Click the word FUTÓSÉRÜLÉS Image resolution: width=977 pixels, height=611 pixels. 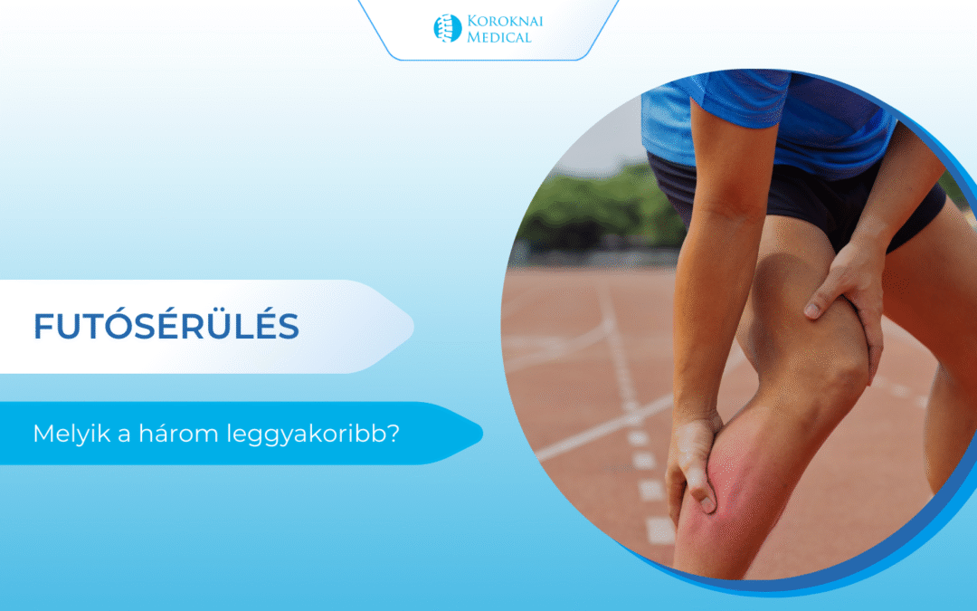click(x=166, y=326)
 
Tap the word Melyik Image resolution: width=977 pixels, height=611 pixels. click(x=72, y=434)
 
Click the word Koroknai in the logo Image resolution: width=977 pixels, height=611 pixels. click(x=506, y=21)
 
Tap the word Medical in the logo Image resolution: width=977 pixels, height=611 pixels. click(x=499, y=37)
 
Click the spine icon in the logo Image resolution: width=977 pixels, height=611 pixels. click(x=448, y=28)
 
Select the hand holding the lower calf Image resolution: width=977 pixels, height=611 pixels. click(x=692, y=464)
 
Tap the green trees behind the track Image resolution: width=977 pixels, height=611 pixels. click(x=598, y=205)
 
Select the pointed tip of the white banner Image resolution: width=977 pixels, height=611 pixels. click(x=413, y=326)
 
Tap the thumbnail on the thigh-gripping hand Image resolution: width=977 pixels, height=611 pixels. click(x=811, y=310)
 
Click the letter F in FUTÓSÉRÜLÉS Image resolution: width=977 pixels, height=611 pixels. click(x=43, y=327)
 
